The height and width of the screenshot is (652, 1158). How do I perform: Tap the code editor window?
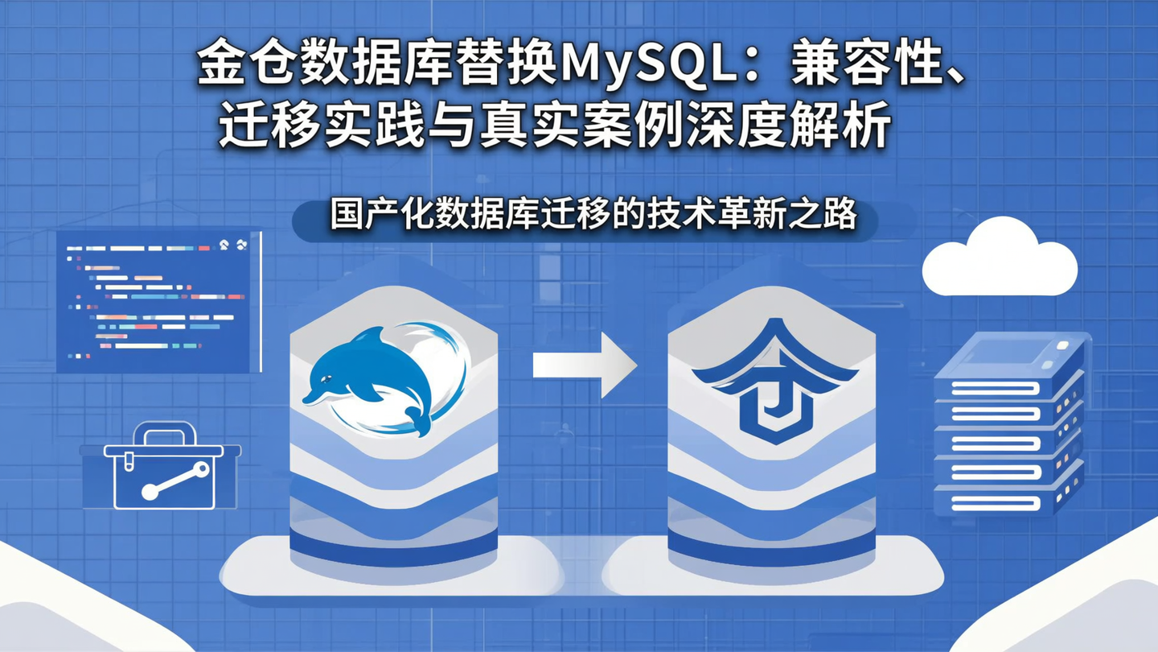coord(159,302)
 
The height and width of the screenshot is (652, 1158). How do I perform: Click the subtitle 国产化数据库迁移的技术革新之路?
coord(593,217)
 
